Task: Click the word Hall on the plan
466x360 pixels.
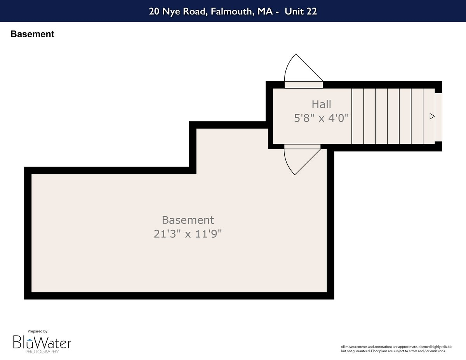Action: (x=321, y=104)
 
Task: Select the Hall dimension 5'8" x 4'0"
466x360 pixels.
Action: (x=321, y=118)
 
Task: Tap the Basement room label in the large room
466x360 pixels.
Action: (x=188, y=220)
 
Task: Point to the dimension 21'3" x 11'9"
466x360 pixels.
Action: (x=188, y=234)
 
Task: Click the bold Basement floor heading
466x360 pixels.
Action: (x=32, y=34)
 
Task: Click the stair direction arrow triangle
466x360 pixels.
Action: (x=432, y=117)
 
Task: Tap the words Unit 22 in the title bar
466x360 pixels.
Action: (x=301, y=11)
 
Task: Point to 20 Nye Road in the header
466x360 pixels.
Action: (x=178, y=11)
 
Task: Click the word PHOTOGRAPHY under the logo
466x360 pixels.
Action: (x=42, y=351)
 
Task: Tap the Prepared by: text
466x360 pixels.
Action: (x=38, y=331)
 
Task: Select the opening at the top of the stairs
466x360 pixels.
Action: (x=438, y=117)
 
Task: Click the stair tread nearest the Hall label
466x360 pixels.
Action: (x=358, y=116)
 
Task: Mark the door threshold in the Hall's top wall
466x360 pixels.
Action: (x=304, y=85)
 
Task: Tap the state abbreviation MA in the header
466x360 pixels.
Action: (x=265, y=11)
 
